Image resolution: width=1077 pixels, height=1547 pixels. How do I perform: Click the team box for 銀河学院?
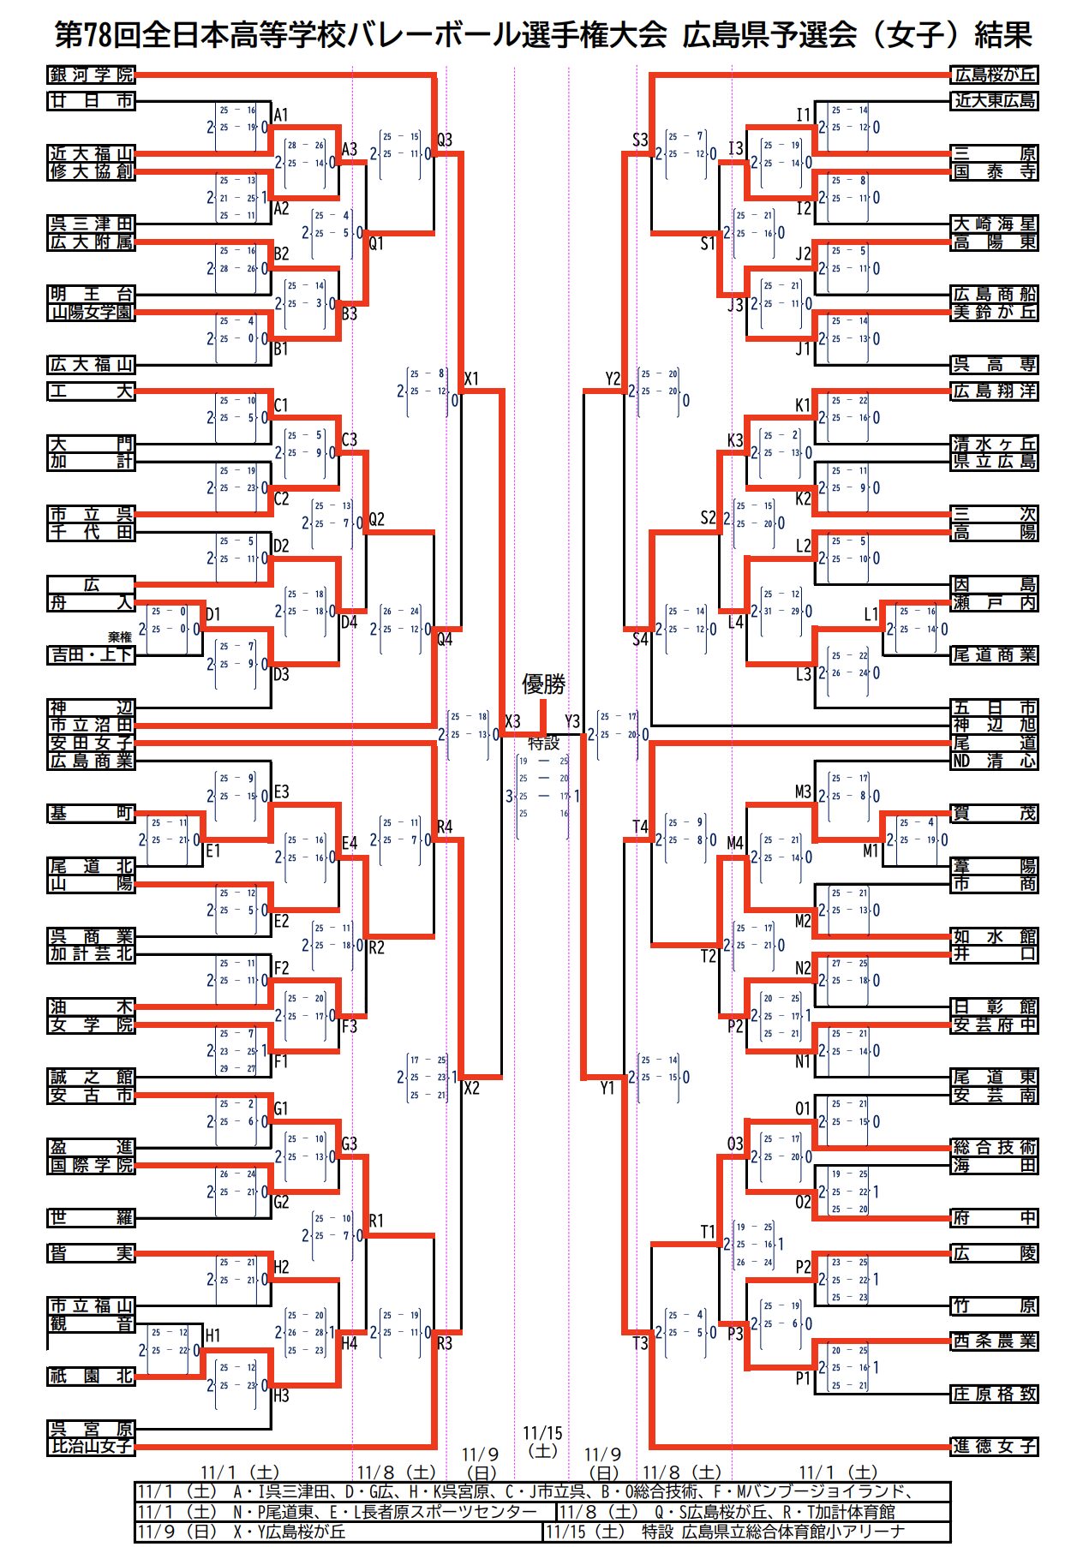click(x=91, y=75)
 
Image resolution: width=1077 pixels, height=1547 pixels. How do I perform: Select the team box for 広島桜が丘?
click(x=994, y=75)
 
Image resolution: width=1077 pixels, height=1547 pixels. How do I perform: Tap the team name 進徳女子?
click(x=994, y=1446)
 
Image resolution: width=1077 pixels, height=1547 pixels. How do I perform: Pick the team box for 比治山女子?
click(x=91, y=1446)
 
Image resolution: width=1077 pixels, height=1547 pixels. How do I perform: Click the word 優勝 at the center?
click(x=544, y=684)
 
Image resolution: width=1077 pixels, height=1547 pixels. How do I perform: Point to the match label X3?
click(x=512, y=721)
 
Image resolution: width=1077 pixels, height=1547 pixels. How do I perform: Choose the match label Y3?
click(x=572, y=721)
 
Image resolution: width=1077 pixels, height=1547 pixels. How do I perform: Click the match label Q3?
click(x=445, y=140)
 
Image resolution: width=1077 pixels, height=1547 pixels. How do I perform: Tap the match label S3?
click(x=640, y=140)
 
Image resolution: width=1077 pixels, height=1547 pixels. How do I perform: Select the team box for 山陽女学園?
click(x=91, y=313)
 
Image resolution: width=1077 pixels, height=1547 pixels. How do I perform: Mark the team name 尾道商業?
click(x=994, y=655)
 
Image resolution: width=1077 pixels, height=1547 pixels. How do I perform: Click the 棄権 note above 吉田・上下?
click(x=120, y=637)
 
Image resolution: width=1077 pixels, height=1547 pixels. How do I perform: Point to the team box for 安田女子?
click(x=91, y=743)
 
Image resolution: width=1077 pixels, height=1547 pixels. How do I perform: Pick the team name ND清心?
click(x=994, y=761)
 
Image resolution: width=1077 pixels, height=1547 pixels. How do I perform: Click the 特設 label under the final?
click(x=543, y=743)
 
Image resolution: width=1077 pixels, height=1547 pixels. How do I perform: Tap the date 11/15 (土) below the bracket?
click(x=543, y=1442)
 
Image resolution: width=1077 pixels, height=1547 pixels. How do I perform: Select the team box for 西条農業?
click(x=994, y=1341)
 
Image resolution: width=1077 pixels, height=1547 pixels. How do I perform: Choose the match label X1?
click(x=471, y=379)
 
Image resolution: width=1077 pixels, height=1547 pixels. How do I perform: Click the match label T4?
click(x=640, y=827)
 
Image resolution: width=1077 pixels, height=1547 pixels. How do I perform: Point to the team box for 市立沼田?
click(x=91, y=726)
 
